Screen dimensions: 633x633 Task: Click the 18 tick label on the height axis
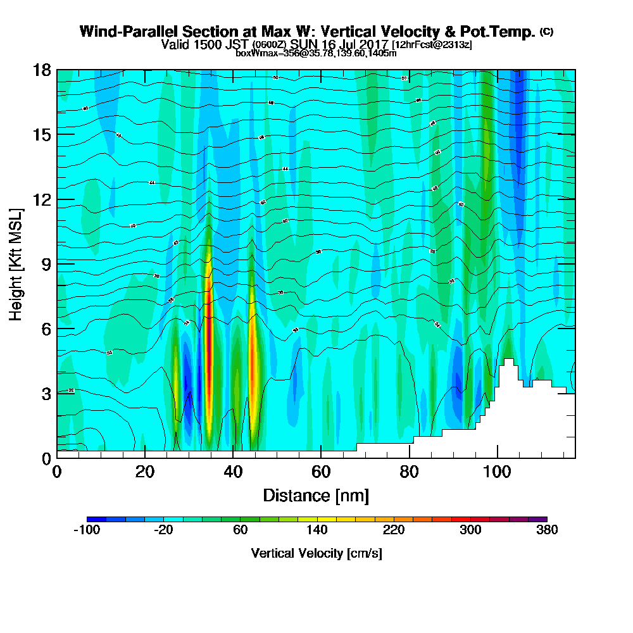tap(42, 70)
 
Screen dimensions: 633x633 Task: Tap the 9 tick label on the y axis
tap(46, 263)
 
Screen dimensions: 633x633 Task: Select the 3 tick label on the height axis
tap(46, 393)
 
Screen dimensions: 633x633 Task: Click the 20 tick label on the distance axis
tap(145, 472)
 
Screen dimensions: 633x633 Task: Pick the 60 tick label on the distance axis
tap(321, 472)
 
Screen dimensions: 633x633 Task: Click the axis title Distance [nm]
tap(316, 495)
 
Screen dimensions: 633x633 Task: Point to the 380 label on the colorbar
tap(546, 530)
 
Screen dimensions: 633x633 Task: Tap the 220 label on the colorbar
tap(393, 530)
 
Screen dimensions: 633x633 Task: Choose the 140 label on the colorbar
tap(316, 530)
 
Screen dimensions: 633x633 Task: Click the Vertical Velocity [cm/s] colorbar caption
tap(316, 553)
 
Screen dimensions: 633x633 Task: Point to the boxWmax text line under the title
tap(316, 53)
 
